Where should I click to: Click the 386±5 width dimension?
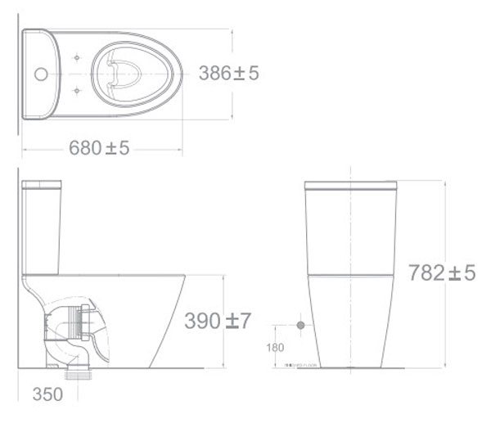pyautogui.click(x=228, y=74)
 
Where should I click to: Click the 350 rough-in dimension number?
pyautogui.click(x=48, y=394)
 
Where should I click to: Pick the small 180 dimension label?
pyautogui.click(x=275, y=347)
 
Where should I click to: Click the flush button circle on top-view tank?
pyautogui.click(x=38, y=73)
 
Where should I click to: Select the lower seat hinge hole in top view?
pyautogui.click(x=76, y=88)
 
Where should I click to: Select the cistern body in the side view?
pyautogui.click(x=42, y=229)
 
